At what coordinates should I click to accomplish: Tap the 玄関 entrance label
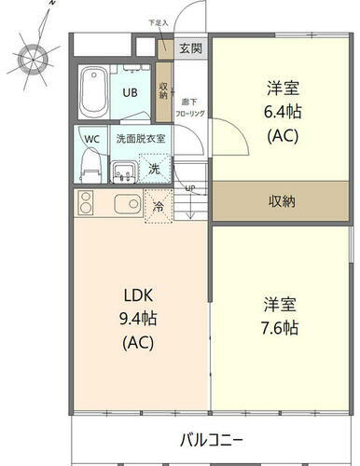[x=189, y=47]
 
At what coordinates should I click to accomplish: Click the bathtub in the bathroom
[x=93, y=91]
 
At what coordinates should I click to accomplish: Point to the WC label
[x=92, y=139]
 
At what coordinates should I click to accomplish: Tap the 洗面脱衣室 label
[x=141, y=139]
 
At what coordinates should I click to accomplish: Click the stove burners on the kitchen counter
[x=86, y=205]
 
